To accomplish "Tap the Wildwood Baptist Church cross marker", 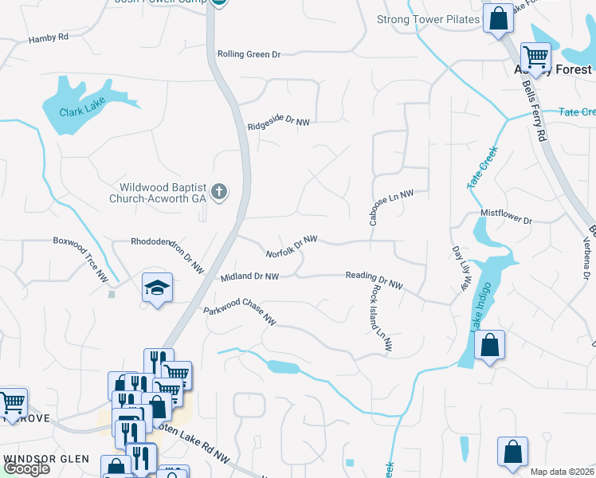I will click(x=220, y=191).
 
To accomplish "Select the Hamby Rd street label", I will click(x=49, y=38).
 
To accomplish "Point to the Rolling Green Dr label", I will click(x=249, y=55).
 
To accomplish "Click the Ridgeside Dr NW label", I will click(x=278, y=124).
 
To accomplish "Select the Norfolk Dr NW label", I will click(x=292, y=245).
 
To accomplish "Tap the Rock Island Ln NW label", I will click(x=379, y=319).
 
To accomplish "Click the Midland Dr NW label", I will click(x=249, y=276).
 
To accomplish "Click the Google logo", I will click(x=25, y=468).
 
